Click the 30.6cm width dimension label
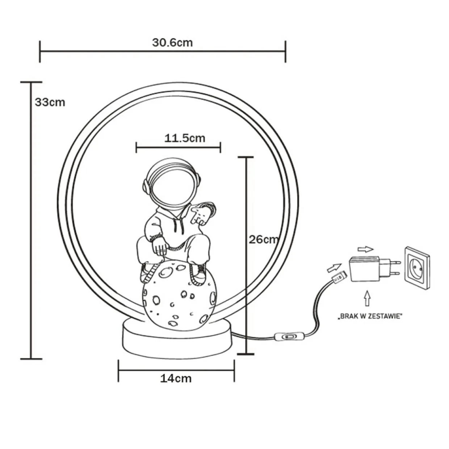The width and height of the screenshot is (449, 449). (x=172, y=43)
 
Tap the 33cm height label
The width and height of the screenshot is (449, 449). (x=50, y=102)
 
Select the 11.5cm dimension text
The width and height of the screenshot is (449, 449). (x=185, y=138)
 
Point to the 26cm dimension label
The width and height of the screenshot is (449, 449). (x=264, y=239)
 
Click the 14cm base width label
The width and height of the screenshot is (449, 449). (x=176, y=378)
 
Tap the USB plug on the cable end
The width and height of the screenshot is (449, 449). (x=337, y=278)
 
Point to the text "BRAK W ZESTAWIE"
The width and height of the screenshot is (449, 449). (x=370, y=316)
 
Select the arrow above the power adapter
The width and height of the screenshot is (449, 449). (x=364, y=249)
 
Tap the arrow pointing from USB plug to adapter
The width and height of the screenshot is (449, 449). (x=334, y=268)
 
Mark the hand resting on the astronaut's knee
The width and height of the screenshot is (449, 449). (x=160, y=248)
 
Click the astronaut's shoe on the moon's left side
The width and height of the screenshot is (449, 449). (x=148, y=272)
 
